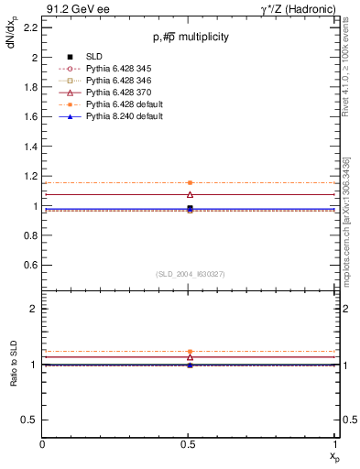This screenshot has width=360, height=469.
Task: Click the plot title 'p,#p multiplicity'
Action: pyautogui.click(x=190, y=37)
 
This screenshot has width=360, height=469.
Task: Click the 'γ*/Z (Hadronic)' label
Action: pyautogui.click(x=299, y=9)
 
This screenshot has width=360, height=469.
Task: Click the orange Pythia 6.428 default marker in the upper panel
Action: pyautogui.click(x=190, y=183)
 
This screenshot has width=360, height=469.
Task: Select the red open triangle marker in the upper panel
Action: pyautogui.click(x=190, y=194)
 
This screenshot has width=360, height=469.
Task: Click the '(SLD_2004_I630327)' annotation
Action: pyautogui.click(x=190, y=274)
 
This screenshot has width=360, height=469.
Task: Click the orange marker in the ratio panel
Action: pyautogui.click(x=190, y=352)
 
